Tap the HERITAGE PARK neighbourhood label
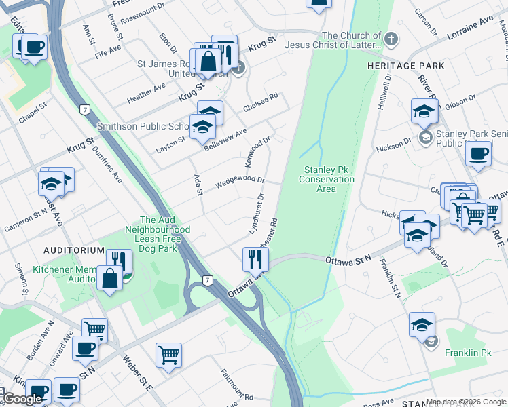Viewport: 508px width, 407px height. pos(405,66)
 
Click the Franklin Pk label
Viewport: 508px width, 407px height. pos(468,353)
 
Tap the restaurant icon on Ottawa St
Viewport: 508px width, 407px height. pos(255,258)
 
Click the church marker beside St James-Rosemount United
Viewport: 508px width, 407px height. pos(238,67)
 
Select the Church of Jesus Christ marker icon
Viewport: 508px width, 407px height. pos(391,39)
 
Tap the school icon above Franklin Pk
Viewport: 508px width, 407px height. pos(422,324)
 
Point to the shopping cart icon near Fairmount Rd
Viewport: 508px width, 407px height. pos(168,354)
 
